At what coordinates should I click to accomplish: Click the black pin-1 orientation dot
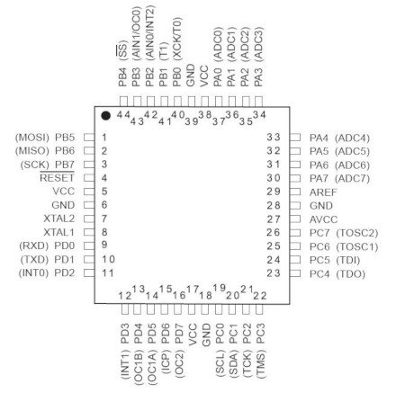click(x=105, y=115)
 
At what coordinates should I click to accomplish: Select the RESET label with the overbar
click(x=57, y=177)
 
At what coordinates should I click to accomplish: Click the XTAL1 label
click(x=59, y=232)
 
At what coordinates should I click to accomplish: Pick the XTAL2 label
click(x=59, y=219)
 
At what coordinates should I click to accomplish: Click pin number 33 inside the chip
click(x=274, y=138)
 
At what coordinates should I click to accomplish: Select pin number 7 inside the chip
click(x=104, y=219)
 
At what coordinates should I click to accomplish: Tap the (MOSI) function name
click(x=32, y=138)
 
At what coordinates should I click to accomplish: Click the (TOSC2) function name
click(x=357, y=233)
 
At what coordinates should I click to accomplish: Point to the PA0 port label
click(x=218, y=77)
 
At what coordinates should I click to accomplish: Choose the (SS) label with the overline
click(x=122, y=50)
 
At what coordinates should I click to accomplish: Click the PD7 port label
click(x=179, y=333)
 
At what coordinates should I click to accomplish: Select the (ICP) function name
click(x=166, y=362)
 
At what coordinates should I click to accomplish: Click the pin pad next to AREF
click(x=295, y=192)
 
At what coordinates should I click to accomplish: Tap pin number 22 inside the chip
click(x=260, y=296)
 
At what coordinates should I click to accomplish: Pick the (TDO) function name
click(x=351, y=274)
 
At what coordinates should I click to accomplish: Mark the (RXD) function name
click(x=34, y=246)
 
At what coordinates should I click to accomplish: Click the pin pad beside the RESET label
click(x=89, y=178)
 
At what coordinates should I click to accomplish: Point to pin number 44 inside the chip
click(x=123, y=114)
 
